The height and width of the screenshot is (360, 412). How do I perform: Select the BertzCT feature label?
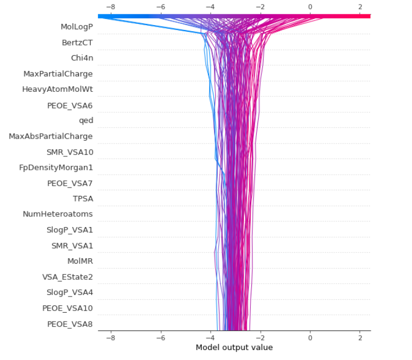click(77, 42)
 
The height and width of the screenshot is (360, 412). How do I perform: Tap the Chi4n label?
click(82, 58)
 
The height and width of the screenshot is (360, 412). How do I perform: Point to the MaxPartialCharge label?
click(58, 73)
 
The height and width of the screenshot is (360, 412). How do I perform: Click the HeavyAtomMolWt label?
click(57, 89)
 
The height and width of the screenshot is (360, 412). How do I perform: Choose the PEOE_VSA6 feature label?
click(70, 105)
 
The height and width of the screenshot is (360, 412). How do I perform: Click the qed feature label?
click(86, 120)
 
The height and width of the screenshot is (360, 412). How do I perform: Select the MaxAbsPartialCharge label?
click(51, 136)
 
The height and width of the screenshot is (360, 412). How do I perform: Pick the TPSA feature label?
click(82, 198)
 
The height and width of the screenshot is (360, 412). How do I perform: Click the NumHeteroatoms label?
click(58, 214)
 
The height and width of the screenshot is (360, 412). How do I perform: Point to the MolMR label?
click(80, 260)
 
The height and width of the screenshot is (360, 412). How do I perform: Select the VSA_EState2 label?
click(67, 277)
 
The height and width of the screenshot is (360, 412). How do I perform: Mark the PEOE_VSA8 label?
click(70, 323)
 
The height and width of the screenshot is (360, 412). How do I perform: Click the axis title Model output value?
click(234, 347)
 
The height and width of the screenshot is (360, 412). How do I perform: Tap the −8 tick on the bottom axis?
click(111, 337)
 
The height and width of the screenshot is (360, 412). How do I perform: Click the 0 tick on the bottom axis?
click(310, 337)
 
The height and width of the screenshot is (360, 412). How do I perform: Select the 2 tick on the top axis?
click(360, 7)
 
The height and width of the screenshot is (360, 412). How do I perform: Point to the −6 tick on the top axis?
click(161, 7)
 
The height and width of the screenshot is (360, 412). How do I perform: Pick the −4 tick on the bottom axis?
click(210, 337)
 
